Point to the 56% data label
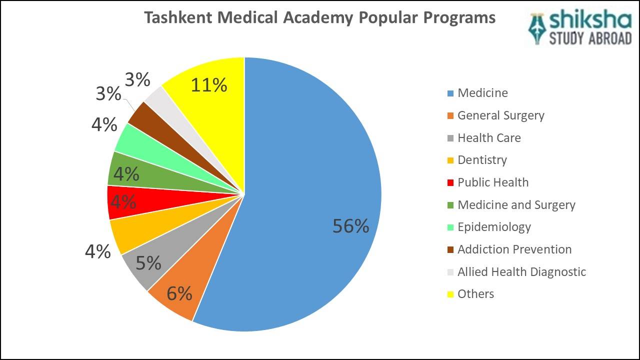click(350, 226)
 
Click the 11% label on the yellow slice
click(209, 85)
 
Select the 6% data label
click(179, 293)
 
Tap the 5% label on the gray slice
click(148, 263)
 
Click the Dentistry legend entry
click(482, 160)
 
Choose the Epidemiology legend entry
click(494, 227)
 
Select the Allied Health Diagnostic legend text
click(521, 272)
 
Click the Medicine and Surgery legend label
click(516, 205)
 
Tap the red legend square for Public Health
click(450, 183)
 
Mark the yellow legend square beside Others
click(450, 294)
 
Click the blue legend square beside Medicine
click(450, 93)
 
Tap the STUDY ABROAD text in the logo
click(590, 38)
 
